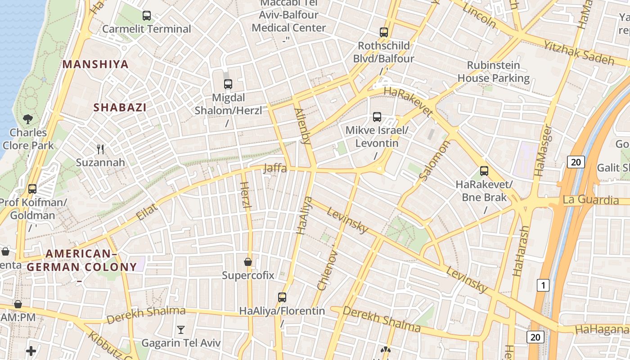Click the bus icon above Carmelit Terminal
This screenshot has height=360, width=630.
point(147,16)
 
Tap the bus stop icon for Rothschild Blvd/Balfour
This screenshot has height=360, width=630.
point(383,32)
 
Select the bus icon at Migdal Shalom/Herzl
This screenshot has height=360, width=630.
point(228,84)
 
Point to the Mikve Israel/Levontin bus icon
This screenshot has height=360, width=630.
point(377,117)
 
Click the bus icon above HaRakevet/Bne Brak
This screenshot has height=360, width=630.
point(484,171)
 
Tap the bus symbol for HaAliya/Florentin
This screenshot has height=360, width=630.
point(282,297)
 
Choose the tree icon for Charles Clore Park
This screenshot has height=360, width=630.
point(28,119)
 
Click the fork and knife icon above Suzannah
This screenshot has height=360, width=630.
point(100,149)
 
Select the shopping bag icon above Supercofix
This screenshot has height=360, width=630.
point(247,261)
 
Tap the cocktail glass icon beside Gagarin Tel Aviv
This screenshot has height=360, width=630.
point(181,330)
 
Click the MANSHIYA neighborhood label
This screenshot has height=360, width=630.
point(95,64)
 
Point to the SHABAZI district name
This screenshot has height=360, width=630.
point(120,108)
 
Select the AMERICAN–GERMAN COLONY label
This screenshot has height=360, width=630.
point(81,261)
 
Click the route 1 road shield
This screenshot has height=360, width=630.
point(543,285)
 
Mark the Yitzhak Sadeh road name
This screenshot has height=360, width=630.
point(579,52)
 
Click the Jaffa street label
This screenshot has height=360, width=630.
point(274,168)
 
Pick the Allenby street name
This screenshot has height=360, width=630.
point(302,126)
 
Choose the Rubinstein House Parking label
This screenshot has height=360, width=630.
point(494,72)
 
